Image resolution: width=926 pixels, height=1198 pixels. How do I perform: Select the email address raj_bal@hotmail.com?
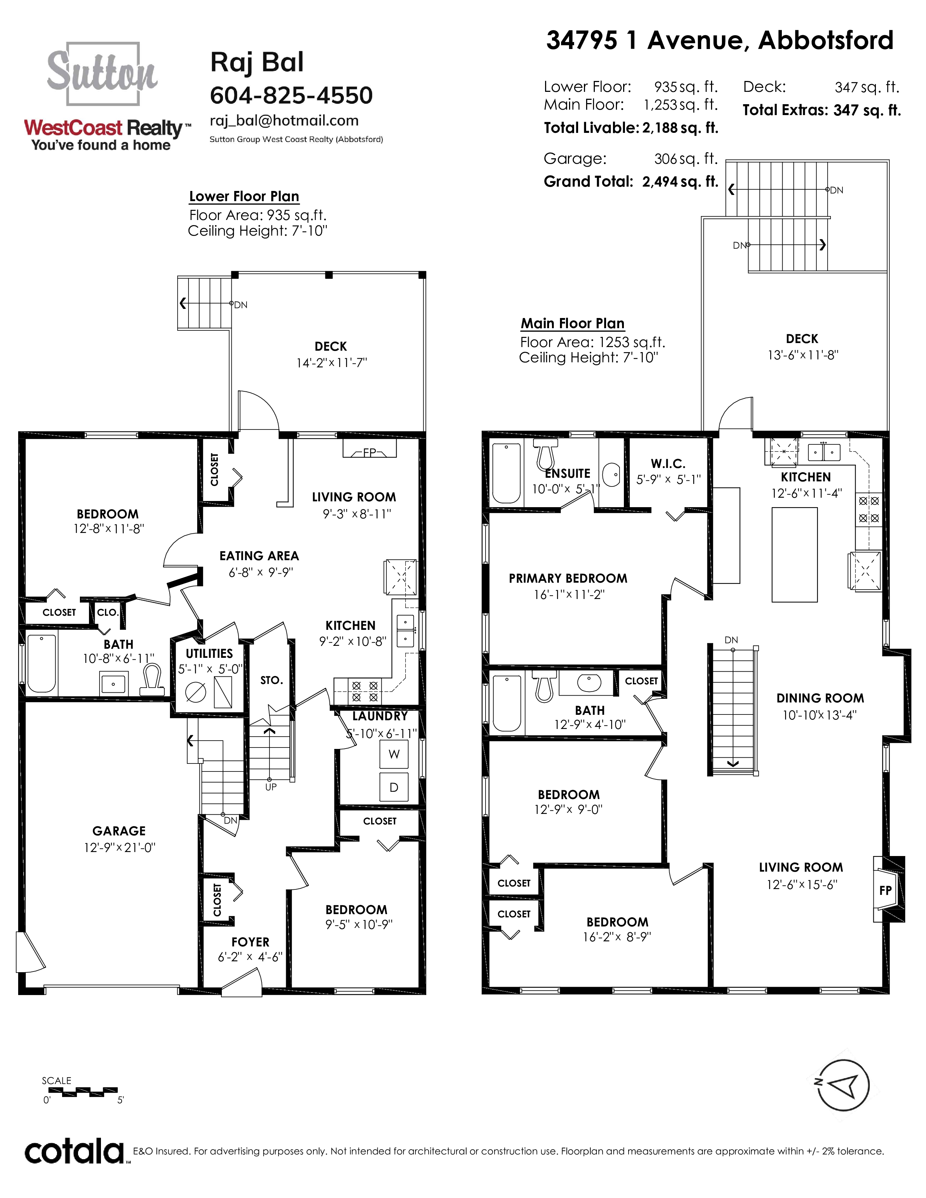pos(284,121)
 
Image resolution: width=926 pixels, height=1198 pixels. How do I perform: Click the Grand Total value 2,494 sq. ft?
pos(680,182)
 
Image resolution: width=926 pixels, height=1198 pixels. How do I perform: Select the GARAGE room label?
pos(119,831)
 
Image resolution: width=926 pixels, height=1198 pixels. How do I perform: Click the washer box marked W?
pos(394,754)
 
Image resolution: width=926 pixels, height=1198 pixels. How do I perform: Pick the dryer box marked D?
pos(394,787)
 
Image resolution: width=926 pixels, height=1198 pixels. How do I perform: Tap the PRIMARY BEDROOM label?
pos(568,578)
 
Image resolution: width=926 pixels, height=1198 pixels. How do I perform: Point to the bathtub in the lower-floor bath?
pos(42,663)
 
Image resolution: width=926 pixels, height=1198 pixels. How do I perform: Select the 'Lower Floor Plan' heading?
pos(244,196)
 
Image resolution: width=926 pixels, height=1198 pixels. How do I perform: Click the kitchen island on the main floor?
pos(794,555)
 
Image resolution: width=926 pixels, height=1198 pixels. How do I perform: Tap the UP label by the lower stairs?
pos(271,787)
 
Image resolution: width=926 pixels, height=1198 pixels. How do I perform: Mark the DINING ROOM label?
pos(820,698)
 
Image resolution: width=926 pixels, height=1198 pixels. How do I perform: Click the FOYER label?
pos(250,942)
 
